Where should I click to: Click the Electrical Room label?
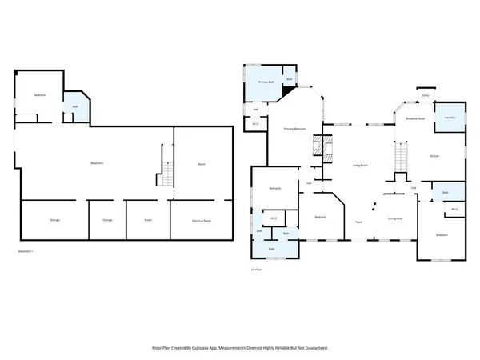click(201, 220)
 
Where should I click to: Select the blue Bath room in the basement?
click(76, 107)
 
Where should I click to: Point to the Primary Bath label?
click(265, 82)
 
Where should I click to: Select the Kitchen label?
click(434, 156)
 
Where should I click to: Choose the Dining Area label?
click(394, 218)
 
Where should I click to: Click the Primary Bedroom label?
click(295, 128)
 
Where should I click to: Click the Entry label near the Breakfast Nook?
click(426, 95)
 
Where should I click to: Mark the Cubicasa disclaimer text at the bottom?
click(240, 348)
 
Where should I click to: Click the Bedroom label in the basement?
click(40, 96)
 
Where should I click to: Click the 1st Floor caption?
click(256, 270)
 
